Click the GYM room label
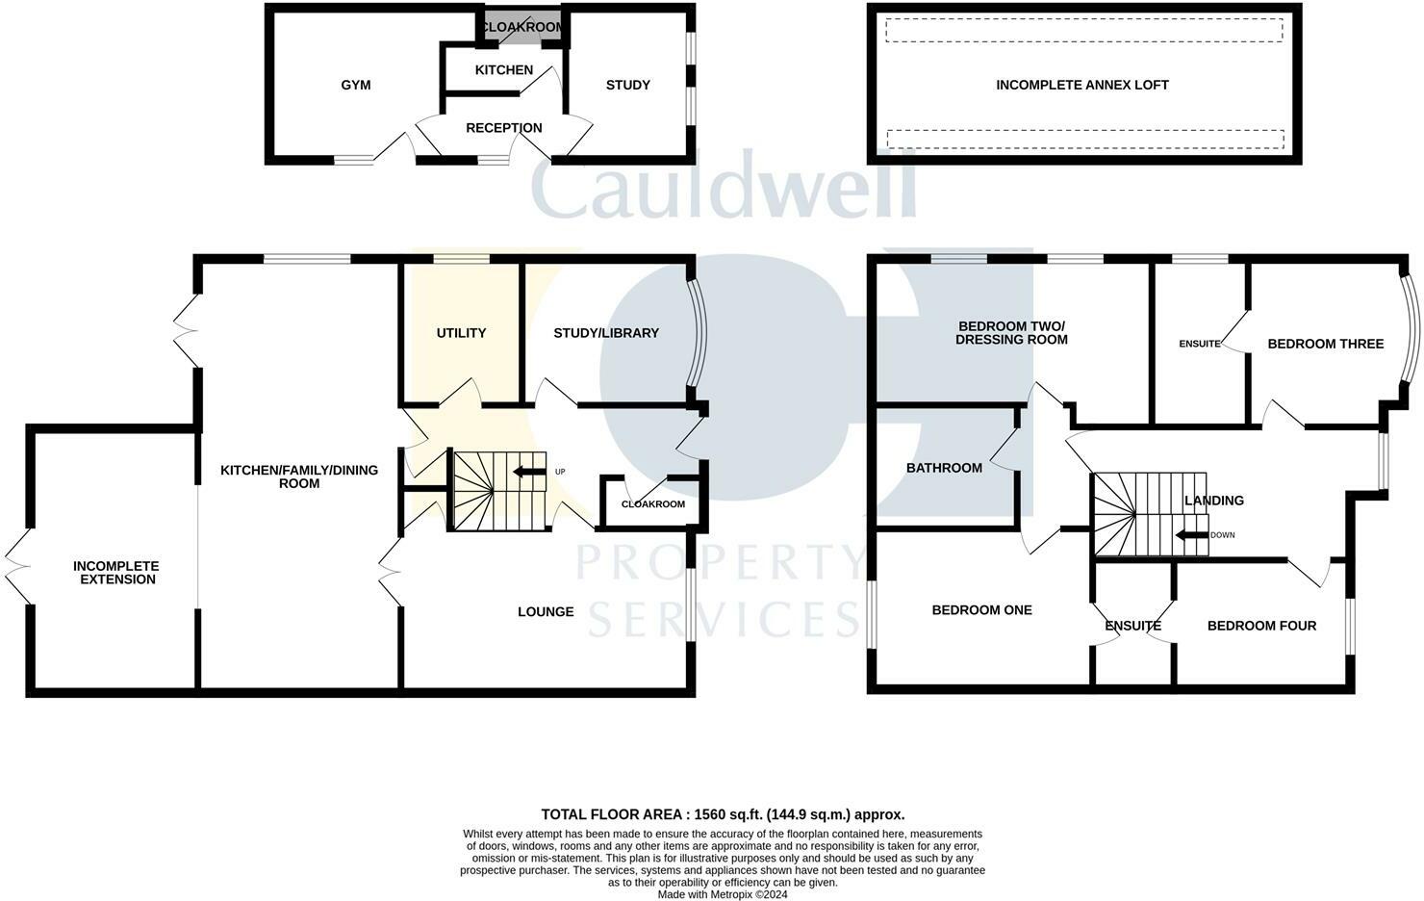tap(356, 85)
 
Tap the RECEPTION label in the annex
tap(503, 128)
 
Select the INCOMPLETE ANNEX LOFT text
tap(1082, 85)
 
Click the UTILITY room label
tap(461, 333)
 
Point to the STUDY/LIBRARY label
tap(606, 333)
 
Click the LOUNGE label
tap(546, 611)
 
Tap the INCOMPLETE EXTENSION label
tap(116, 573)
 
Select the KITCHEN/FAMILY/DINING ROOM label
tap(299, 476)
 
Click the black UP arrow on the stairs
tap(528, 472)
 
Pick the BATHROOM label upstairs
tap(944, 468)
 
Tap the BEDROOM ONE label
tap(981, 609)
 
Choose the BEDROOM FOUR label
tap(1261, 626)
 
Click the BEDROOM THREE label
tap(1325, 344)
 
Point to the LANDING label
tap(1214, 501)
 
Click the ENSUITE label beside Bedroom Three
tap(1200, 344)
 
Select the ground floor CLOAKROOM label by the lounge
tap(653, 504)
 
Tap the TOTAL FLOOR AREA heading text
tap(723, 814)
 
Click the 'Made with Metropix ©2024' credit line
tap(723, 894)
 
